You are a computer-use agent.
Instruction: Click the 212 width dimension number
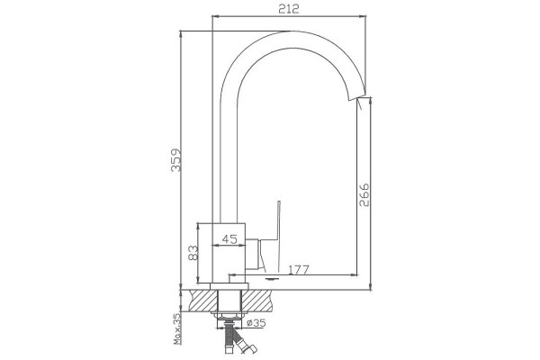pyautogui.click(x=289, y=9)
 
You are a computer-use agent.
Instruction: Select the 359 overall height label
pyautogui.click(x=176, y=160)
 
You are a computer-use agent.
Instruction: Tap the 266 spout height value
pyautogui.click(x=364, y=195)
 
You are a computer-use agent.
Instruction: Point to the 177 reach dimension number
pyautogui.click(x=298, y=269)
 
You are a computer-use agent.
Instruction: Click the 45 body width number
pyautogui.click(x=229, y=238)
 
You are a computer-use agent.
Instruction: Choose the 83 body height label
pyautogui.click(x=193, y=253)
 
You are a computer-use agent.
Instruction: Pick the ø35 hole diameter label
pyautogui.click(x=256, y=323)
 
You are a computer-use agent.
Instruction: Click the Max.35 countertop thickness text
pyautogui.click(x=177, y=328)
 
